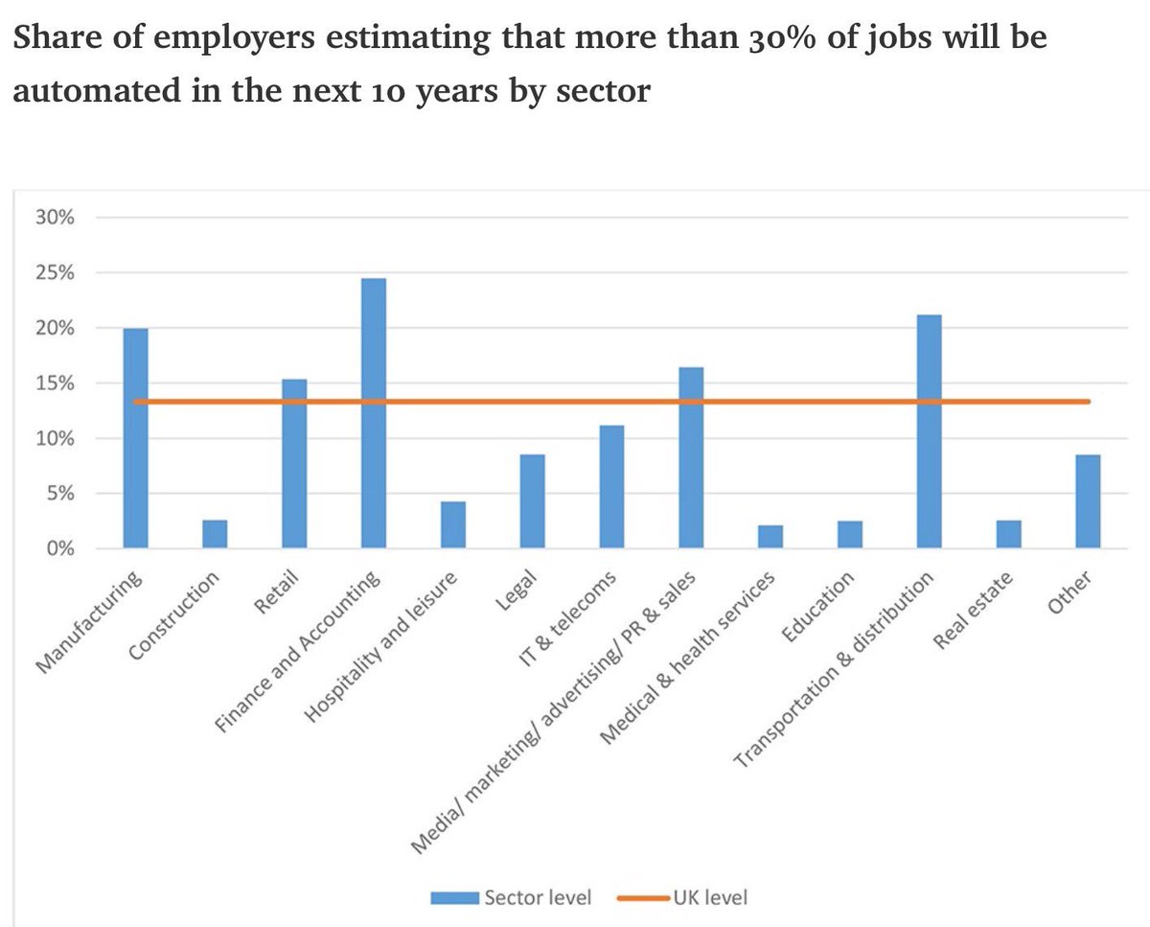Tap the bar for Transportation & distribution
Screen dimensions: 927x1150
coord(929,432)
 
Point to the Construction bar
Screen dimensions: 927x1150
coord(215,535)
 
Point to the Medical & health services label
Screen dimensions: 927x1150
coord(687,656)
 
